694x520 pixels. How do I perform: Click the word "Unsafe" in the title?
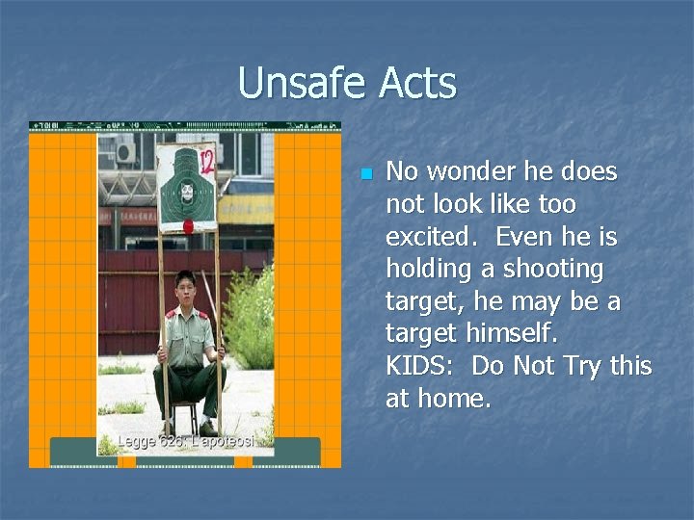point(303,83)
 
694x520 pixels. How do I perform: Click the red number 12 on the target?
point(205,159)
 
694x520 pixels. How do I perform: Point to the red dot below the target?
point(188,226)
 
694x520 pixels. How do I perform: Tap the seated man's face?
point(185,285)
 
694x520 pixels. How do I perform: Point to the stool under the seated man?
point(187,414)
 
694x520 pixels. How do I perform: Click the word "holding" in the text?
point(429,270)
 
